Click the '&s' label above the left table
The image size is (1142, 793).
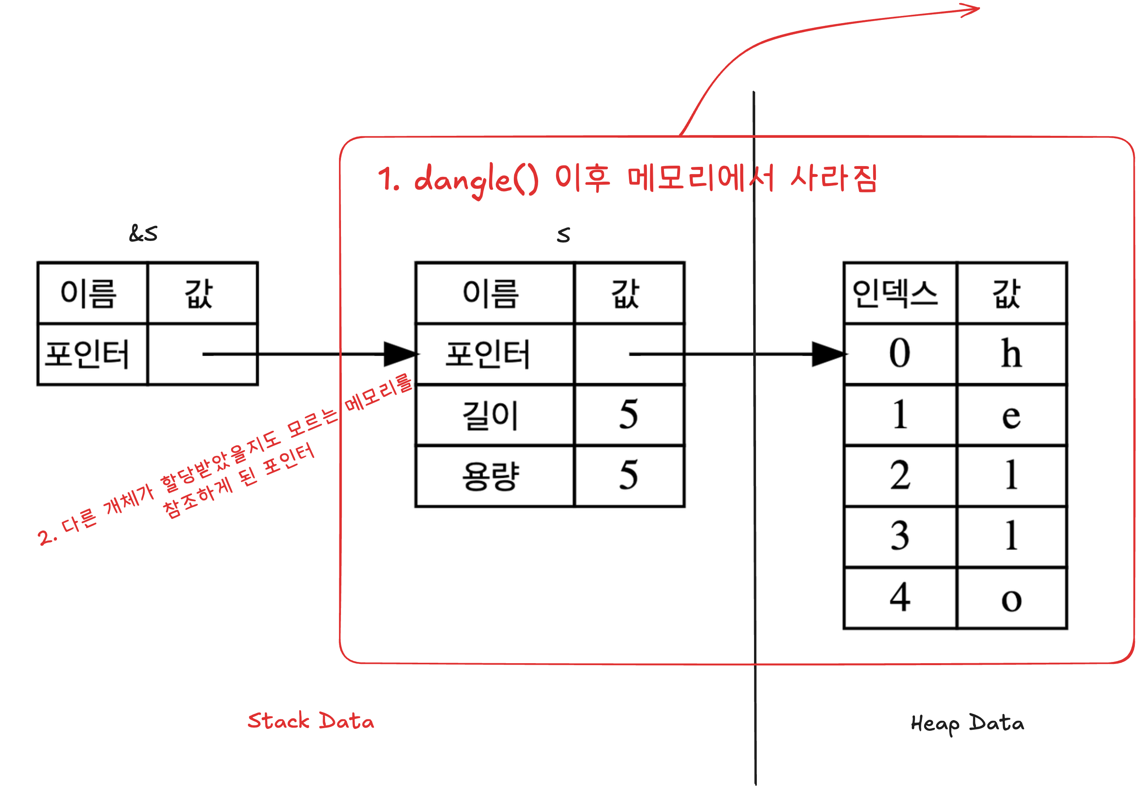coord(143,233)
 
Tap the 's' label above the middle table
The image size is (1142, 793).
coord(563,235)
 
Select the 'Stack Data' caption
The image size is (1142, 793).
coord(311,721)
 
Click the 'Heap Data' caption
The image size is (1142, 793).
coord(967,723)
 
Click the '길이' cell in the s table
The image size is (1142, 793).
coord(490,415)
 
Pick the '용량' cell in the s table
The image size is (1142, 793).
coord(490,476)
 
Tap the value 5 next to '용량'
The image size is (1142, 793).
coord(628,476)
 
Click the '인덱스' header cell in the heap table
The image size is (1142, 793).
coord(895,293)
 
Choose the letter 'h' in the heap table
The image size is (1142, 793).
coord(1011,354)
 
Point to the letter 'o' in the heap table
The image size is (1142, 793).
coord(1011,599)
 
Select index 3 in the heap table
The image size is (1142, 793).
coord(899,536)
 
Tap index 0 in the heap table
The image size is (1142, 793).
coord(899,354)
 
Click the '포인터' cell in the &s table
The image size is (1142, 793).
coord(87,354)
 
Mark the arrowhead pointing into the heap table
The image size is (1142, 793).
coord(827,354)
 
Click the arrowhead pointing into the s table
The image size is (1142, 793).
coord(400,354)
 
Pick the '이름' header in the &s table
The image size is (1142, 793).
coord(88,293)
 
